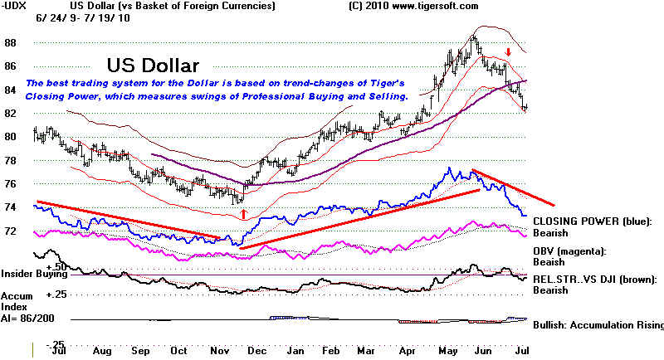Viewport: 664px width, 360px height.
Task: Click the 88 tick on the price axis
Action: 11,43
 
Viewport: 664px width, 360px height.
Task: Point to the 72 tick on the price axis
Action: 11,231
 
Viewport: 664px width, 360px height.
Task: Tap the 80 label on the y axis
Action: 11,137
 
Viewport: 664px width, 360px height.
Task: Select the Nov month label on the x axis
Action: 219,351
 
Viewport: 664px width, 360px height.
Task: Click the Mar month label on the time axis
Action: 366,351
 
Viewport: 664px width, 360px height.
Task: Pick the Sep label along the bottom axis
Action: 140,351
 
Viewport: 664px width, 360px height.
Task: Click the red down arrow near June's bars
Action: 509,52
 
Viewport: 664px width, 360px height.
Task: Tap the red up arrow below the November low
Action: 243,214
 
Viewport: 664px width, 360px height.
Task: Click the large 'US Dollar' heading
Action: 153,66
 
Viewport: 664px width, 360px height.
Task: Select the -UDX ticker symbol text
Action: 14,6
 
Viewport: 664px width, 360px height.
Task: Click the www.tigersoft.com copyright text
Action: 435,6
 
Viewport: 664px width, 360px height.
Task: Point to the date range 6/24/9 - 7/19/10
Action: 83,18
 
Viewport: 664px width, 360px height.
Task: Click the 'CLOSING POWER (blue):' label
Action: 593,221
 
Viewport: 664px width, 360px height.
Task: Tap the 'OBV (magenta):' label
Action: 569,251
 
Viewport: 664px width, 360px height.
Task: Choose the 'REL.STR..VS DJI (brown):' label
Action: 595,280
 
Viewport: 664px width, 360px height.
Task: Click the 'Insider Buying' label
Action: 34,274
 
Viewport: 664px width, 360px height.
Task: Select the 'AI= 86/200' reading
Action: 27,319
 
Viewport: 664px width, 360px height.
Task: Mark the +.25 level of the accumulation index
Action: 56,294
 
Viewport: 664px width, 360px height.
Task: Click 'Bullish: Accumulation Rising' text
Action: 598,325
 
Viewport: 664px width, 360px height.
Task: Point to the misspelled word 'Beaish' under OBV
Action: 549,262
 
